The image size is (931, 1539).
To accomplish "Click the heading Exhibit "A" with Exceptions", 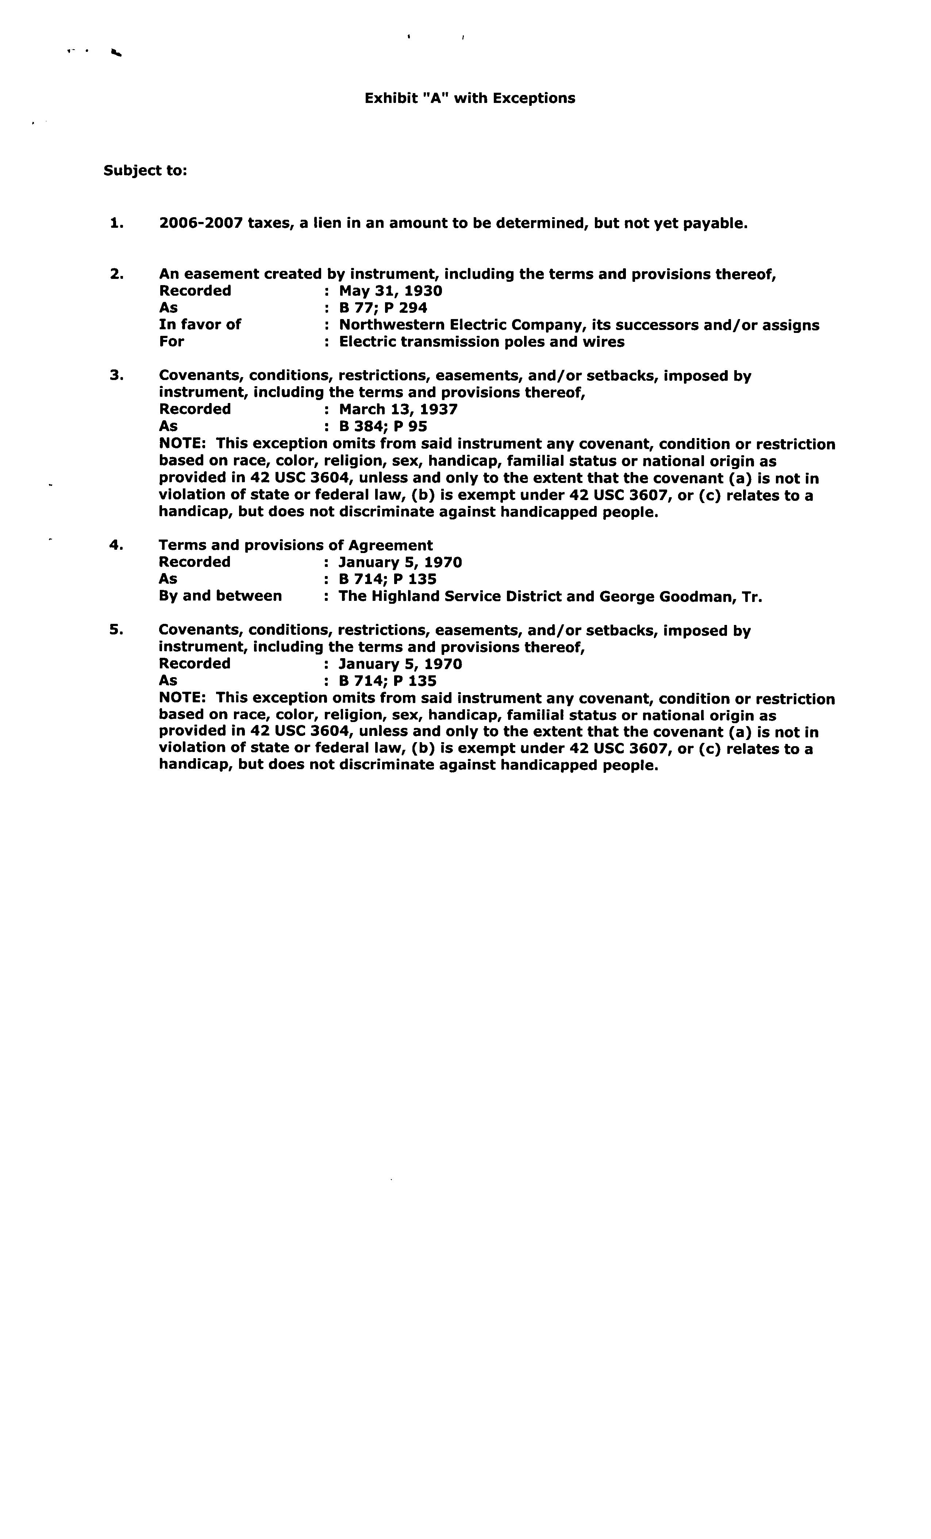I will click(x=470, y=98).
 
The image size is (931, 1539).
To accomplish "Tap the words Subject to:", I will click(x=145, y=170).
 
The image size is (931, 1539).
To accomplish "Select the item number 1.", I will click(x=116, y=223).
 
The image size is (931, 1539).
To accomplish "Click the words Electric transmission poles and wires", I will click(x=481, y=342).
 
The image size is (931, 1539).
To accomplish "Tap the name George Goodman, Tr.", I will click(x=681, y=596).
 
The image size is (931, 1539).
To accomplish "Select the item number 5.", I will click(x=116, y=630).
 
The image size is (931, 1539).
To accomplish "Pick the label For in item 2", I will click(x=172, y=342).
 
